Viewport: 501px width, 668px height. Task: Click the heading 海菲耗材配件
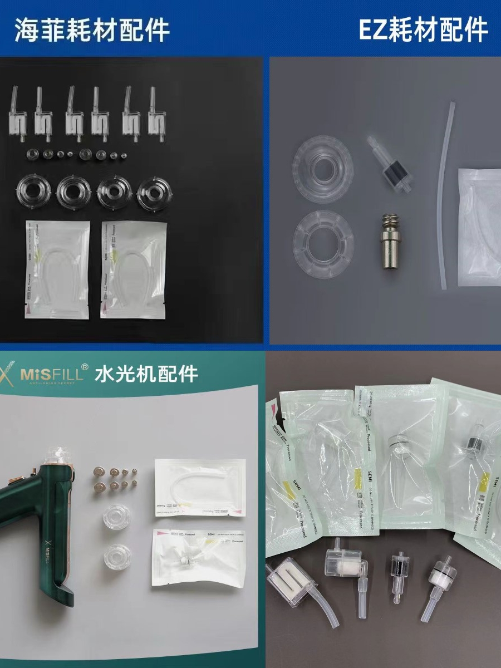tap(92, 30)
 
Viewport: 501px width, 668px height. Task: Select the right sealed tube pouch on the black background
tap(134, 269)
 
